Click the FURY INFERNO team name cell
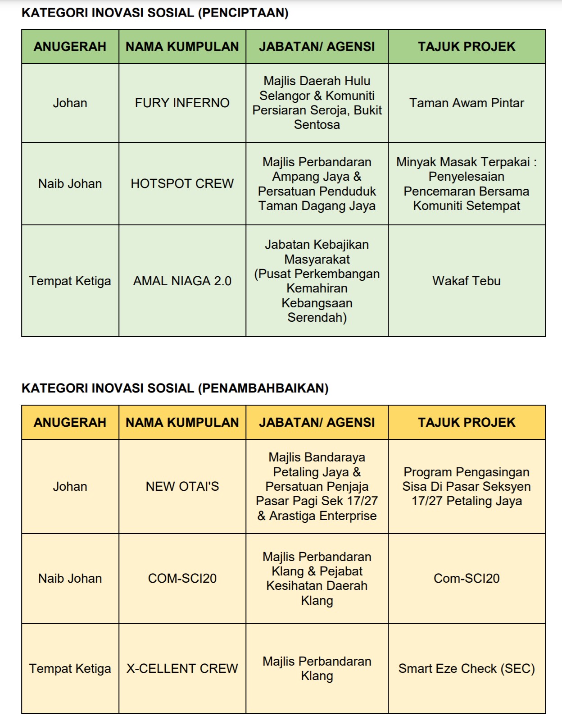(x=182, y=103)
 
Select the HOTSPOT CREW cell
(x=182, y=184)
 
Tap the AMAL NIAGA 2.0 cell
(x=182, y=281)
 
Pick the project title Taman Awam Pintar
(x=467, y=103)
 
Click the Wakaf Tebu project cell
(x=467, y=281)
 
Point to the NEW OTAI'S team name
(x=182, y=487)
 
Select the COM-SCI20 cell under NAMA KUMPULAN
(x=182, y=579)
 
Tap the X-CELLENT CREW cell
(x=182, y=669)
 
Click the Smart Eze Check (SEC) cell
(x=467, y=669)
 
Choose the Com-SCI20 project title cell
(x=467, y=579)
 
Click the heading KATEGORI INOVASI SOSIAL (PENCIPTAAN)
(x=155, y=13)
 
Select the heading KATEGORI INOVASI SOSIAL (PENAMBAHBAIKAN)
(x=175, y=388)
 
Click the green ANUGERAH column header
(x=70, y=47)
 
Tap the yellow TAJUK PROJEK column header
(x=467, y=423)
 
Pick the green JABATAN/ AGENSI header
(x=317, y=47)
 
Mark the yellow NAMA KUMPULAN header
(x=182, y=423)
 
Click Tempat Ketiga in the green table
(x=70, y=281)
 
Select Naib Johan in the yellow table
(x=70, y=579)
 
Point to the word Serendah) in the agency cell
(x=317, y=318)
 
